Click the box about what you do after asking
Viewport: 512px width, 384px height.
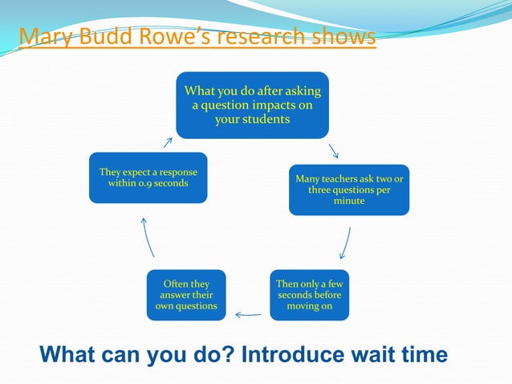(252, 105)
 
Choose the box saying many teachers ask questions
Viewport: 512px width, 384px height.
(349, 190)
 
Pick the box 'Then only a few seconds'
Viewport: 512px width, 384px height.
(310, 295)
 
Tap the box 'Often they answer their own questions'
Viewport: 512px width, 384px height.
(186, 295)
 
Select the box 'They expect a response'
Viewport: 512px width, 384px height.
(148, 178)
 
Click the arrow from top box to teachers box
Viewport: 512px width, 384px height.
(333, 150)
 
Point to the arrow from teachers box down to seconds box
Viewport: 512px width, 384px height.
(346, 243)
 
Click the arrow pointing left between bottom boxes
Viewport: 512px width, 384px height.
(248, 314)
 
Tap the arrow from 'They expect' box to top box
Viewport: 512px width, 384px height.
(168, 142)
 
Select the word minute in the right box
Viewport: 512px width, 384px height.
(349, 201)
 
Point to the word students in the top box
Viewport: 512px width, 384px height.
(252, 120)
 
